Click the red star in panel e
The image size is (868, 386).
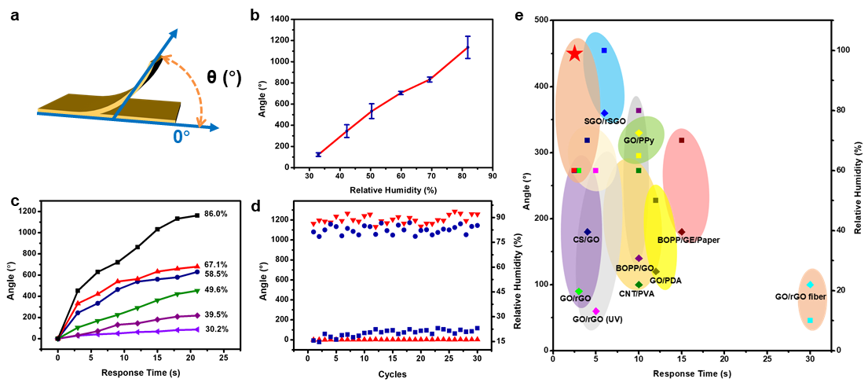click(x=574, y=53)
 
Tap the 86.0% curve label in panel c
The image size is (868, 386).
click(x=216, y=214)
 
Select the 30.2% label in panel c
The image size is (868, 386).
click(x=216, y=329)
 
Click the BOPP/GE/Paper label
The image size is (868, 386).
click(x=689, y=240)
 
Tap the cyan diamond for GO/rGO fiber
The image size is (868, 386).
click(x=810, y=285)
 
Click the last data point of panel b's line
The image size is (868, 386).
click(x=468, y=47)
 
